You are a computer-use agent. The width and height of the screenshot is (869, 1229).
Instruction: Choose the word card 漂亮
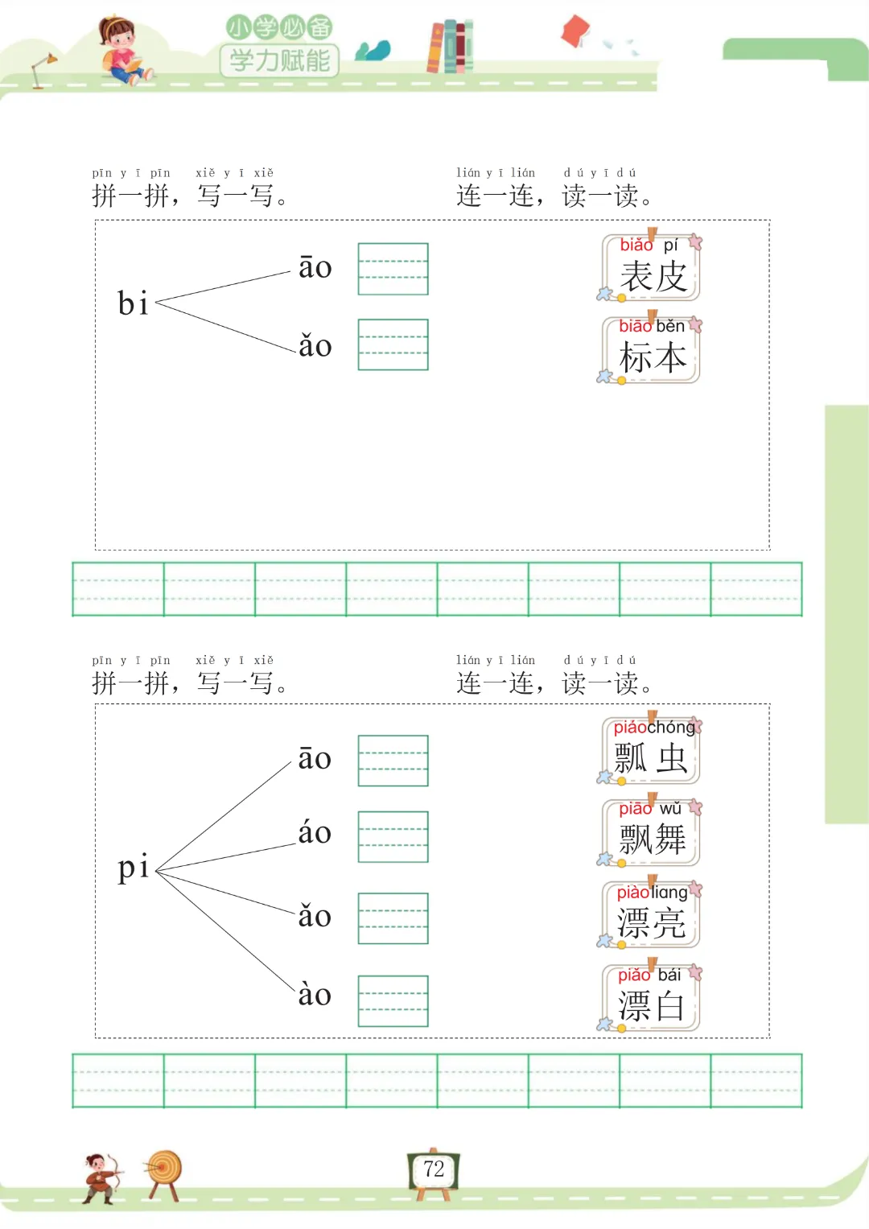[x=651, y=915]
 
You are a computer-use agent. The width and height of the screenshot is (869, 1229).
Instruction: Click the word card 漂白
[x=651, y=998]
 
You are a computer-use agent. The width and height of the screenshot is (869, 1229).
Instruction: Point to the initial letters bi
[x=133, y=304]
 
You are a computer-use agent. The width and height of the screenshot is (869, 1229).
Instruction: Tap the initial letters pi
[x=133, y=868]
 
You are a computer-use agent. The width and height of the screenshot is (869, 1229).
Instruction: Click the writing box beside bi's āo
[x=393, y=269]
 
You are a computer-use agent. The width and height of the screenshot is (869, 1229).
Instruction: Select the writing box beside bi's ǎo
[x=393, y=344]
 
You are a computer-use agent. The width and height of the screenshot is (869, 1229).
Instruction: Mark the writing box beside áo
[x=393, y=837]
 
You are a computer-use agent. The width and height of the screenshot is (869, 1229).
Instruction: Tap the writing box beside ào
[x=393, y=1001]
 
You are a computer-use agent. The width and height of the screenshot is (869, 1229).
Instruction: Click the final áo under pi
[x=315, y=832]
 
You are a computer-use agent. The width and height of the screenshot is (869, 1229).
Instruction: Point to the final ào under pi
[x=315, y=995]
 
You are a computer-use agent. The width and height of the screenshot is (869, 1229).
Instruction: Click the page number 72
[x=434, y=1169]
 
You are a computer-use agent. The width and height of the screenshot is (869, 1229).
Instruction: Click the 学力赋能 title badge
[x=280, y=60]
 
